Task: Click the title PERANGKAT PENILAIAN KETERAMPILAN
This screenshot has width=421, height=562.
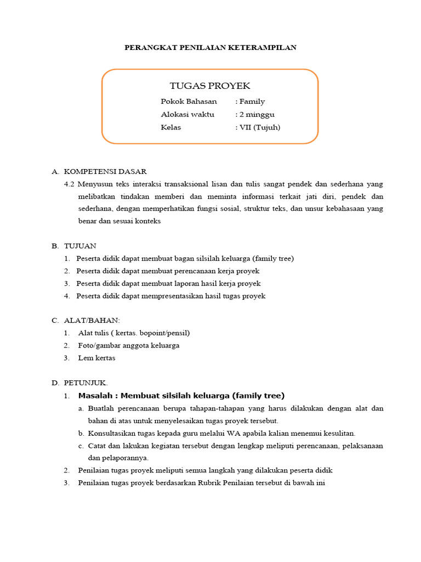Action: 210,48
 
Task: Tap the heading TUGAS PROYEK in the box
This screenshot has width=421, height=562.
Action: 210,86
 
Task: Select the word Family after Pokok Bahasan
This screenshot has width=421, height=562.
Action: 252,102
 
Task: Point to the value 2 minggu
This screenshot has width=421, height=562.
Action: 257,115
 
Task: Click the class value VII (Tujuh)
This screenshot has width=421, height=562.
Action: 259,127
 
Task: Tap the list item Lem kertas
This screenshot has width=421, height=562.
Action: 96,358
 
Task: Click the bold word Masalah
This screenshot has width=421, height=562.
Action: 96,395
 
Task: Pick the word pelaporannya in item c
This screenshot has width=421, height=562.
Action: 118,458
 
